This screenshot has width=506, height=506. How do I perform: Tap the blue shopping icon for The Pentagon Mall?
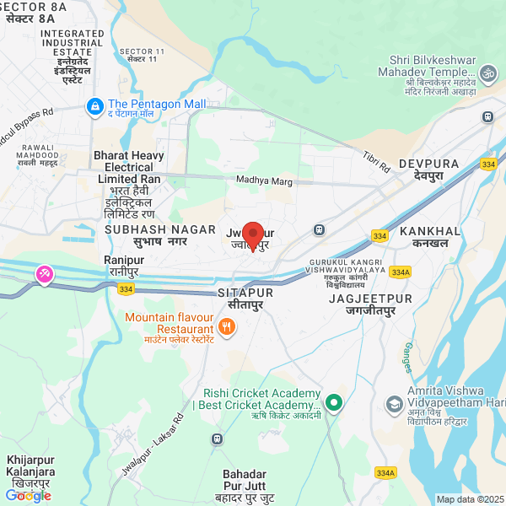94,106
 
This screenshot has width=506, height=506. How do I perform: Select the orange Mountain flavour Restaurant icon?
226,326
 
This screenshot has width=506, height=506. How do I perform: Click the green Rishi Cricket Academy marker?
334,403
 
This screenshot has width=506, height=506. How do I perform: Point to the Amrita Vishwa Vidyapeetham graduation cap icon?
393,404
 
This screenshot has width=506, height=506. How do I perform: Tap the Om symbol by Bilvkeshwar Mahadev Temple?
485,73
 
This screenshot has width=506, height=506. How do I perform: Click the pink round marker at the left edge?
43,275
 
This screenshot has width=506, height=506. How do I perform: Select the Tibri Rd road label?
376,162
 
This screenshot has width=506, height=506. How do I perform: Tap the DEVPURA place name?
428,162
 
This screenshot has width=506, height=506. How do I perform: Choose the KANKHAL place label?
430,231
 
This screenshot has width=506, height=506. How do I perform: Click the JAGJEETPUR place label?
370,299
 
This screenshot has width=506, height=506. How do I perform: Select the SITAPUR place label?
246,292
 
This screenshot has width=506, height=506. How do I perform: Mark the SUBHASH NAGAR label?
145,229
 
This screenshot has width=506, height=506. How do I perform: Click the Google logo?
28,496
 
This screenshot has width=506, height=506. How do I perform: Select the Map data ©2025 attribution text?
469,499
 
